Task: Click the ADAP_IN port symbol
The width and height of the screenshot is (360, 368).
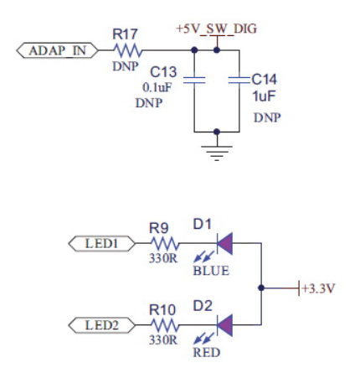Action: click(57, 50)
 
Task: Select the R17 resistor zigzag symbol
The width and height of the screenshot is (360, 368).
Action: click(127, 50)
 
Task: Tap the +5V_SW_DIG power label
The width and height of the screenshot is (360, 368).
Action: click(216, 29)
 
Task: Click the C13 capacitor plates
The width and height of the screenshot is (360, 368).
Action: click(194, 80)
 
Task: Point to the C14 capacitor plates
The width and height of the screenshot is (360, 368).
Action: click(239, 80)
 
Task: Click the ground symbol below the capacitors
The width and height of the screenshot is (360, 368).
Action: click(217, 153)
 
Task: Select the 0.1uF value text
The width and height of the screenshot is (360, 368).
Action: click(157, 87)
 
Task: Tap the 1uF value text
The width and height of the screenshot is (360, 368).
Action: click(264, 96)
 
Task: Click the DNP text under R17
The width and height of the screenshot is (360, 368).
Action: click(126, 66)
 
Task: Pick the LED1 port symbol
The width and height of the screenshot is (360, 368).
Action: click(102, 244)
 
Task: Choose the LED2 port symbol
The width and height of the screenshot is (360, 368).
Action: click(102, 325)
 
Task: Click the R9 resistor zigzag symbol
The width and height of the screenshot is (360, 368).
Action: click(165, 244)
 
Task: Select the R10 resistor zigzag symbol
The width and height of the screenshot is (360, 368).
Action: click(165, 325)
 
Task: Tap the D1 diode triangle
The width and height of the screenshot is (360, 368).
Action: click(225, 243)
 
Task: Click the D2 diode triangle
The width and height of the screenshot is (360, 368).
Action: click(225, 325)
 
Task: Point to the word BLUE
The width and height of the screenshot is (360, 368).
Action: click(211, 271)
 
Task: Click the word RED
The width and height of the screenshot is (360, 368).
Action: click(207, 352)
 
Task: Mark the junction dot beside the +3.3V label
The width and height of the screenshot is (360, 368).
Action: click(261, 288)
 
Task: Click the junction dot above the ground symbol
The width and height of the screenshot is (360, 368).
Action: click(217, 132)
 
